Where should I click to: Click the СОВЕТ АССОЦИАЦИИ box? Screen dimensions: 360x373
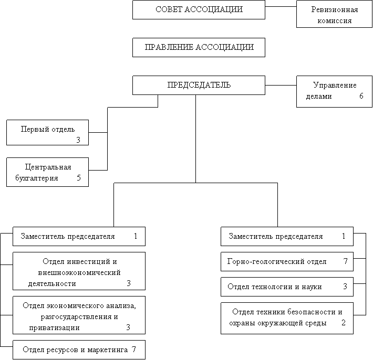199,10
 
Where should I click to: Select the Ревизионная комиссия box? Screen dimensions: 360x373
335,15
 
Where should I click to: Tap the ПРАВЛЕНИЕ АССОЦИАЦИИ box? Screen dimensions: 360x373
199,47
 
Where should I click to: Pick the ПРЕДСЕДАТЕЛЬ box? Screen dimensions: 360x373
199,85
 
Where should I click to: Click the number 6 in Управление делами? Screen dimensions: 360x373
361,97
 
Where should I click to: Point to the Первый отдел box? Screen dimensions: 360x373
47,132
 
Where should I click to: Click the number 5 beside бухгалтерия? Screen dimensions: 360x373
79,178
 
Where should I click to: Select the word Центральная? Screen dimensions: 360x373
48,167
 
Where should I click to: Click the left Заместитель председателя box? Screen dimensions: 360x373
79,236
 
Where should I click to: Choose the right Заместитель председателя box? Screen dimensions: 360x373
287,236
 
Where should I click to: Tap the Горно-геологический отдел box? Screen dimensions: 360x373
287,261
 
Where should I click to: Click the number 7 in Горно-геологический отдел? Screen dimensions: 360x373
345,261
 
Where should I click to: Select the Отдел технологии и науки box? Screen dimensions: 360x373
287,287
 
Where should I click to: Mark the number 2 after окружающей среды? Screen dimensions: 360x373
344,323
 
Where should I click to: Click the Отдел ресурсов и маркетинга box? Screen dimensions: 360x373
79,350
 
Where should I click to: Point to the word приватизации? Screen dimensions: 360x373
55,327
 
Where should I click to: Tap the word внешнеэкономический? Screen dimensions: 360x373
79,273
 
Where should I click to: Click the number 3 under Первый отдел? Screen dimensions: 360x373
78,140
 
